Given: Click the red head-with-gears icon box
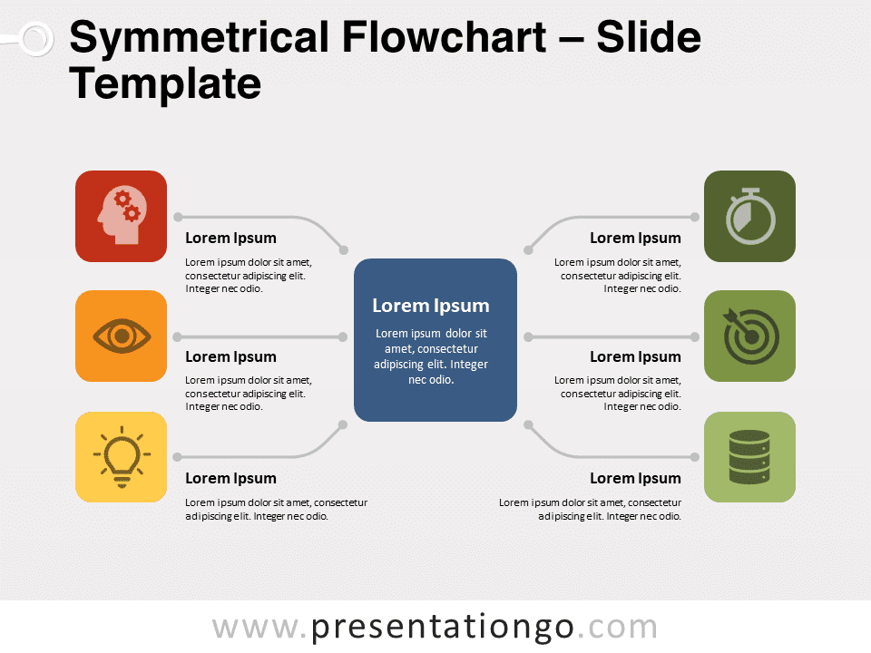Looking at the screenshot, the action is coord(121,216).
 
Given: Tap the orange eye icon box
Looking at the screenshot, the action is coord(121,336).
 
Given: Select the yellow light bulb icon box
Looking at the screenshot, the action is coord(121,457).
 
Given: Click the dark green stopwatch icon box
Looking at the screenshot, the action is coord(750,216).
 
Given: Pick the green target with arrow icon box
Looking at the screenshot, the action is coord(750,336).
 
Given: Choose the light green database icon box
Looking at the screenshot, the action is coord(750,457).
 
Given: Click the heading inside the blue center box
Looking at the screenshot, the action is coord(431,306).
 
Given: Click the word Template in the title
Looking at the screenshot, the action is coord(165,83).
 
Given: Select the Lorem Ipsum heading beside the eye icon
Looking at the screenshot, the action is coord(230,356).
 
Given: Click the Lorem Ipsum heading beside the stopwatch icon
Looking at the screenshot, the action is coord(635,238).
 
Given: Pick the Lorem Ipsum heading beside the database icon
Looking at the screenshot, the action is coord(635,478).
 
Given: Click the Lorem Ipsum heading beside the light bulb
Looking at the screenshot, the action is coord(230,478).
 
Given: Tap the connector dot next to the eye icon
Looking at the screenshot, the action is coord(178,337).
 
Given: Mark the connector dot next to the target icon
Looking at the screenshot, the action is coord(695,337).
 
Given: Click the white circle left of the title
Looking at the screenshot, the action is coord(36,39).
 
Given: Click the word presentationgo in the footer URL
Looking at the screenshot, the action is coord(443,628).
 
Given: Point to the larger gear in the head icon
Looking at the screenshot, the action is coord(132,212).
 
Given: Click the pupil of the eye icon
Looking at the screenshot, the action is coord(122,336).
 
